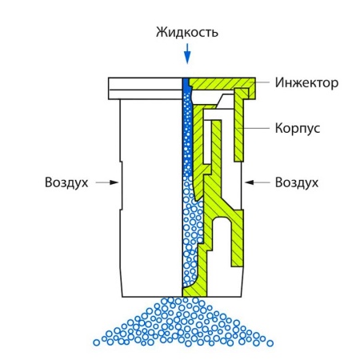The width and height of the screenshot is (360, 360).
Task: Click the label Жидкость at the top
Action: pyautogui.click(x=187, y=33)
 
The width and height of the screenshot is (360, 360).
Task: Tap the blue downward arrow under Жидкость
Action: pyautogui.click(x=187, y=54)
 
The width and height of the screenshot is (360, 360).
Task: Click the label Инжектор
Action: pyautogui.click(x=306, y=83)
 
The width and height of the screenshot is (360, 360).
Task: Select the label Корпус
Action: pyautogui.click(x=298, y=128)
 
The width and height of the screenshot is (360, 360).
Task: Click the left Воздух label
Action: pyautogui.click(x=66, y=182)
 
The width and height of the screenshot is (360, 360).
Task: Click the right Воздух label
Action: pyautogui.click(x=297, y=182)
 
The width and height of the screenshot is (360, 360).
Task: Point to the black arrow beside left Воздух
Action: pyautogui.click(x=107, y=182)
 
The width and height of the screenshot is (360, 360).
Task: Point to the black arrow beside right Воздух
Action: pyautogui.click(x=258, y=182)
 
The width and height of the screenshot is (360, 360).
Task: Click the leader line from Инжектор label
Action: pyautogui.click(x=260, y=82)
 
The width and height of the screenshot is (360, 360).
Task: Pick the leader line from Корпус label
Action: pyautogui.click(x=254, y=128)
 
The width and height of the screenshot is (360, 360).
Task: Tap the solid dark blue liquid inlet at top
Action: pyautogui.click(x=186, y=85)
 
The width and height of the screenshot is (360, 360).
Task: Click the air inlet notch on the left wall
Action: pyautogui.click(x=121, y=186)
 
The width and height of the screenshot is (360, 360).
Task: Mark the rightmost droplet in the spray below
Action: pyautogui.click(x=270, y=343)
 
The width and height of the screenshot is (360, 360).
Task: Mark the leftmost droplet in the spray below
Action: pyautogui.click(x=97, y=342)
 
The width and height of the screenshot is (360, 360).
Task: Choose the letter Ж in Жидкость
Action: pyautogui.click(x=161, y=33)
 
